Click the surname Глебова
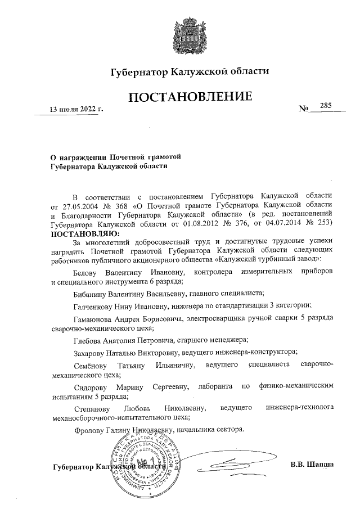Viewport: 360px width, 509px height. tap(88, 340)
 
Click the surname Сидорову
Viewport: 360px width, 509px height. tap(90, 387)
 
